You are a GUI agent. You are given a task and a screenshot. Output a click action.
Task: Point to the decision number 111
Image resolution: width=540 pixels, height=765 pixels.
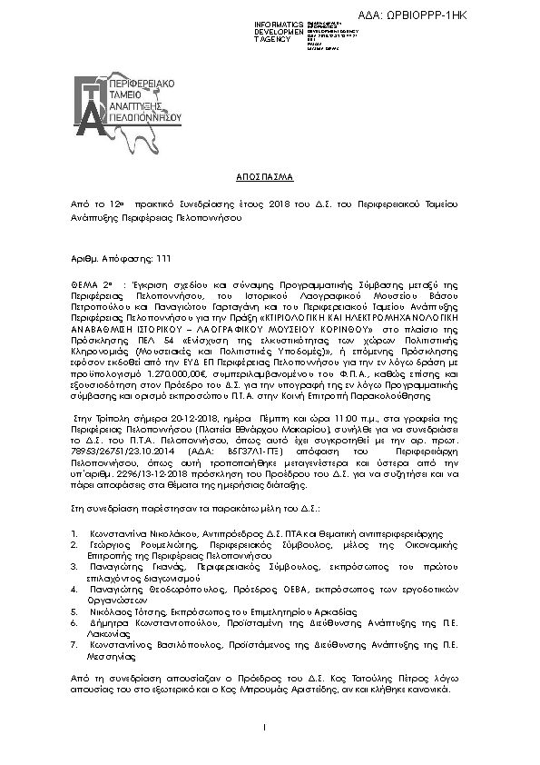(139, 258)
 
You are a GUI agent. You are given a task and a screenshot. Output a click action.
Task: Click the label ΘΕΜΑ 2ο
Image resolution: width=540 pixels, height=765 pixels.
(93, 284)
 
